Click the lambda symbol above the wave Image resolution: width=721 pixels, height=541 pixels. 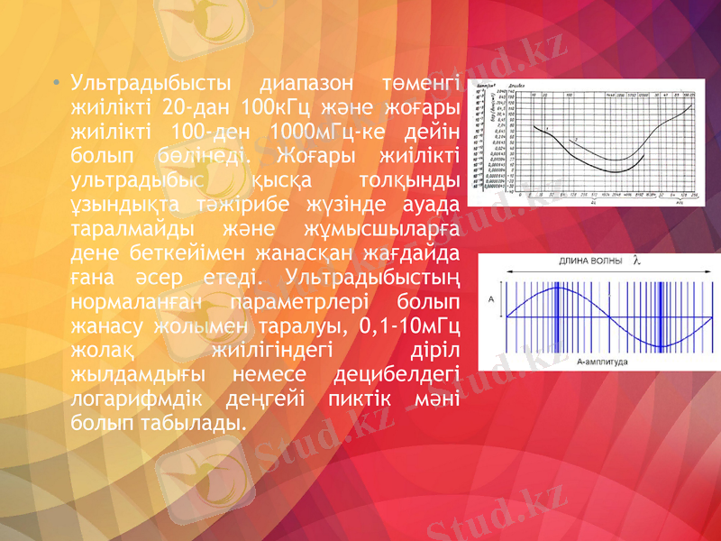(637, 261)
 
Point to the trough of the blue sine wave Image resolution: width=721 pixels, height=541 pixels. (662, 347)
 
